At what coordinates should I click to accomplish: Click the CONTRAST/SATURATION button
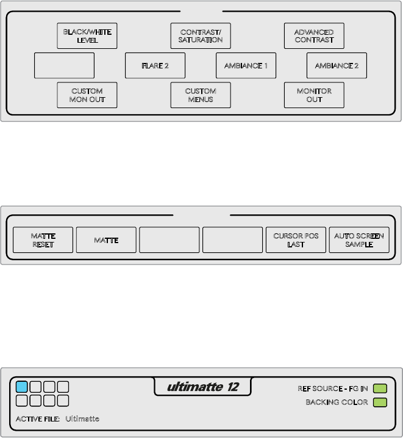coord(201,36)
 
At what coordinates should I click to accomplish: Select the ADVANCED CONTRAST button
coord(314,36)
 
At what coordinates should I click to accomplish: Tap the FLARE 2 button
coord(155,65)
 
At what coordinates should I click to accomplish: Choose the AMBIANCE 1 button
coord(246,65)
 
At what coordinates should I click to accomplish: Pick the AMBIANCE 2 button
coord(337,65)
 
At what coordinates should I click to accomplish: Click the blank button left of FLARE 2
coord(64,65)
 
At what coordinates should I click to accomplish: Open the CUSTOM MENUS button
coord(201,95)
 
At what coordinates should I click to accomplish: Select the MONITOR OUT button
coord(314,95)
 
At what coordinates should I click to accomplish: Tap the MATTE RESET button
coord(43,240)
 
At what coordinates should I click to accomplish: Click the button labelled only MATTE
coord(106,240)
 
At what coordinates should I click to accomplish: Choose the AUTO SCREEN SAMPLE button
coord(359,240)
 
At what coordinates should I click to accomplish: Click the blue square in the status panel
coord(22,387)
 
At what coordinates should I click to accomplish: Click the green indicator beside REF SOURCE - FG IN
coord(380,388)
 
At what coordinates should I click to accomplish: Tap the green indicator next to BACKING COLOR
coord(380,403)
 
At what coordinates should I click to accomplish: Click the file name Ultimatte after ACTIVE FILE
coord(82,419)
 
